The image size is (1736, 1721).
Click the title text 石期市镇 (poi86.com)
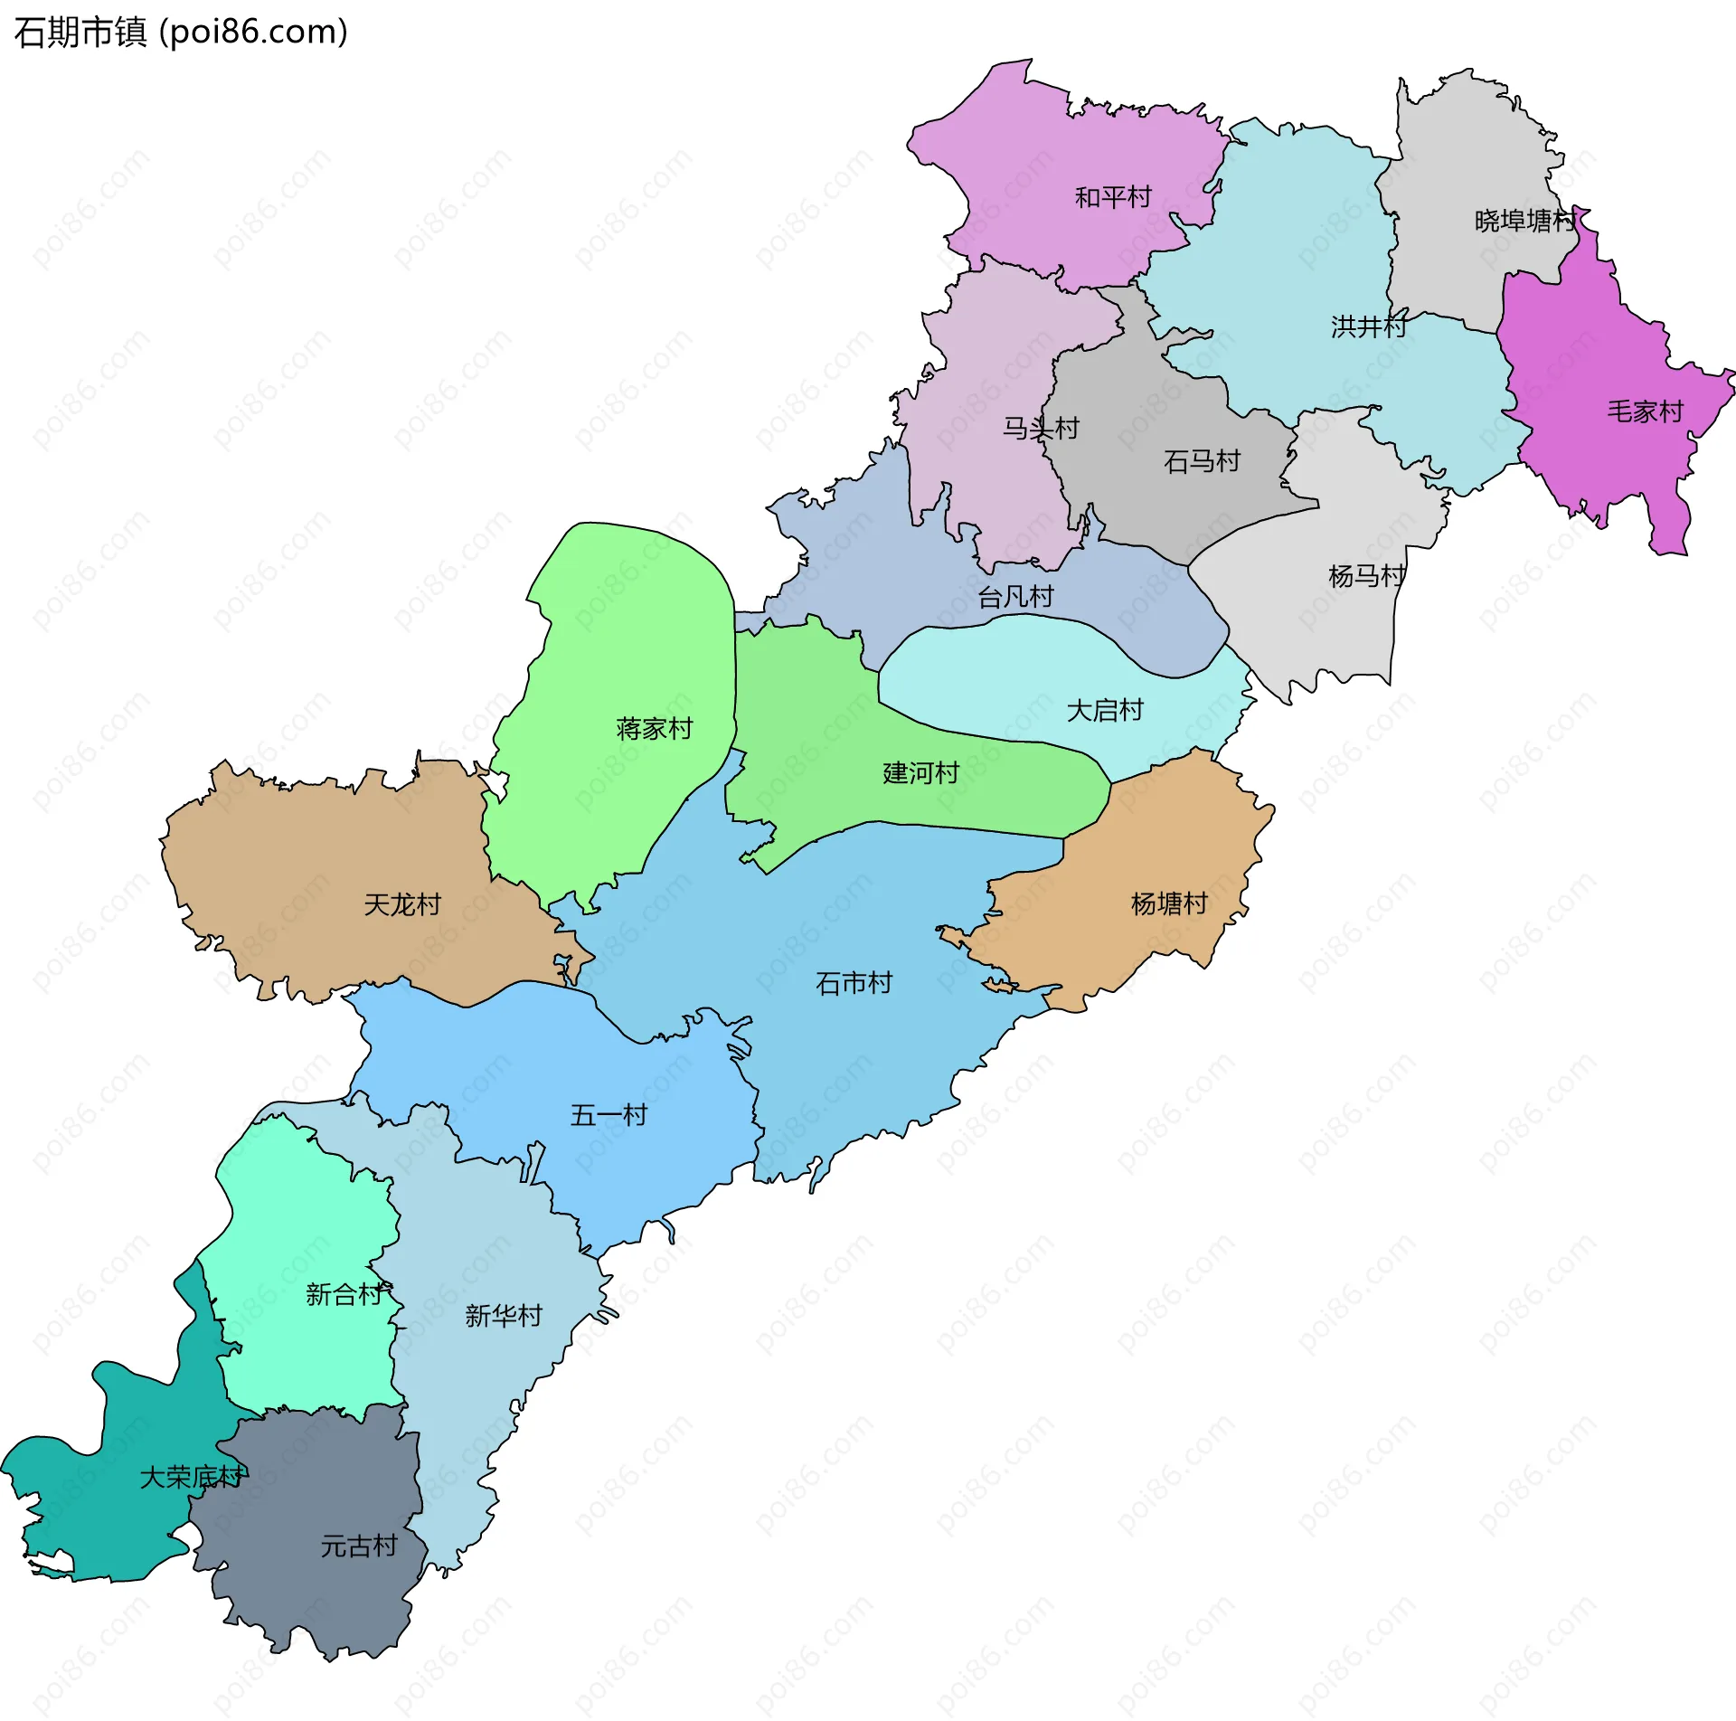tap(181, 33)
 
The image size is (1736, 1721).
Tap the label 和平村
tap(1112, 197)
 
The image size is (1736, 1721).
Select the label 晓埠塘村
tap(1524, 221)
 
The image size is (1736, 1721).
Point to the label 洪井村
tap(1368, 326)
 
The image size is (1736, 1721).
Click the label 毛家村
tap(1645, 412)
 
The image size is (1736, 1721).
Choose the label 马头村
tap(1040, 429)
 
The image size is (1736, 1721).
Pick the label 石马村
tap(1202, 462)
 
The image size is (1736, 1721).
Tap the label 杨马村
tap(1366, 576)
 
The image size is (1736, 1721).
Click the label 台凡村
tap(1015, 597)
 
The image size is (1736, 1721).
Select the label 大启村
tap(1105, 711)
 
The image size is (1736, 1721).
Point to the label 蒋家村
tap(654, 729)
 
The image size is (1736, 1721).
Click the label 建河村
tap(920, 773)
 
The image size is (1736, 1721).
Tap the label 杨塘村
tap(1169, 903)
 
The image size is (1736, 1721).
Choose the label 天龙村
tap(401, 904)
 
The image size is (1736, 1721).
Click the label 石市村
tap(854, 983)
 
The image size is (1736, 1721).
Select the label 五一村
tap(609, 1115)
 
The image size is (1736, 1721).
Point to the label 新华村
tap(504, 1316)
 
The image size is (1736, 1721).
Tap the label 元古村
tap(359, 1546)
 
